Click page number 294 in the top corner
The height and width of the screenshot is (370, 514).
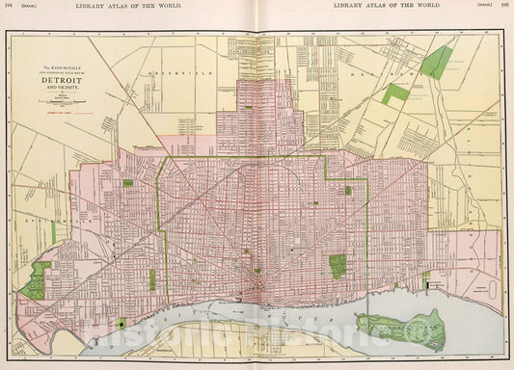pos(10,6)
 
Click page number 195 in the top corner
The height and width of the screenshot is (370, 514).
pos(504,6)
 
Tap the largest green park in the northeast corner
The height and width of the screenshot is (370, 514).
pos(438,61)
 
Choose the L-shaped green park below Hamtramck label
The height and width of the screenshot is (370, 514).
pos(394,93)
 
